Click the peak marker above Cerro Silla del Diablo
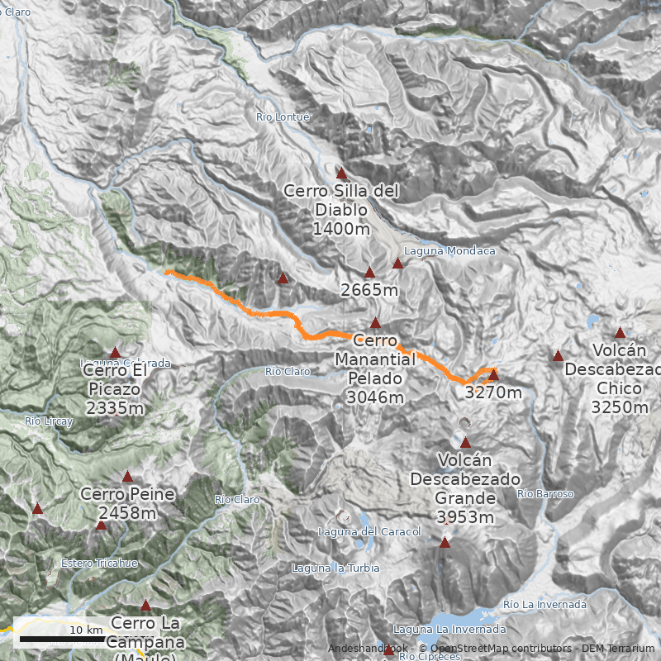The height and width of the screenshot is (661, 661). [x=341, y=174]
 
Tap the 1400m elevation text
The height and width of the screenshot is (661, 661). [x=341, y=229]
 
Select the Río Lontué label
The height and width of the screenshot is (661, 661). [x=283, y=117]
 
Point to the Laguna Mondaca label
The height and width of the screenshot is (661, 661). [x=449, y=250]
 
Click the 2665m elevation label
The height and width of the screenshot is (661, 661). [x=369, y=290]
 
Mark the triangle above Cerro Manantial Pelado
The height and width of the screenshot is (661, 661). [x=376, y=323]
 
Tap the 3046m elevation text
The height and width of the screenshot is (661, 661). [x=375, y=397]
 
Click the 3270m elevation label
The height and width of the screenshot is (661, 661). [x=493, y=392]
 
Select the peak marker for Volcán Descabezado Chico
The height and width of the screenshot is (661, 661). [x=621, y=332]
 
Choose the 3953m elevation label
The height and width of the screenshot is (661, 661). [x=465, y=517]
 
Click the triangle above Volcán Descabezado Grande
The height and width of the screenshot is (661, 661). [x=465, y=443]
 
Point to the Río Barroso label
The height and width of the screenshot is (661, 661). [x=545, y=494]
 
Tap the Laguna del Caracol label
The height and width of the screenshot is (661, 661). [x=359, y=531]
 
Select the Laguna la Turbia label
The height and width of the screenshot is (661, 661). [x=335, y=568]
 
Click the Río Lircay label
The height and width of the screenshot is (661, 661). [x=50, y=421]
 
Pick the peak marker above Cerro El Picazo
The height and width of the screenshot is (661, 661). [x=116, y=352]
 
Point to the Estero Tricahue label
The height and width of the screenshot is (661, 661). [x=99, y=564]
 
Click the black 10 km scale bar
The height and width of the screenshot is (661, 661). [x=62, y=639]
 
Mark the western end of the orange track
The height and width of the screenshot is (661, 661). [x=166, y=272]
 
